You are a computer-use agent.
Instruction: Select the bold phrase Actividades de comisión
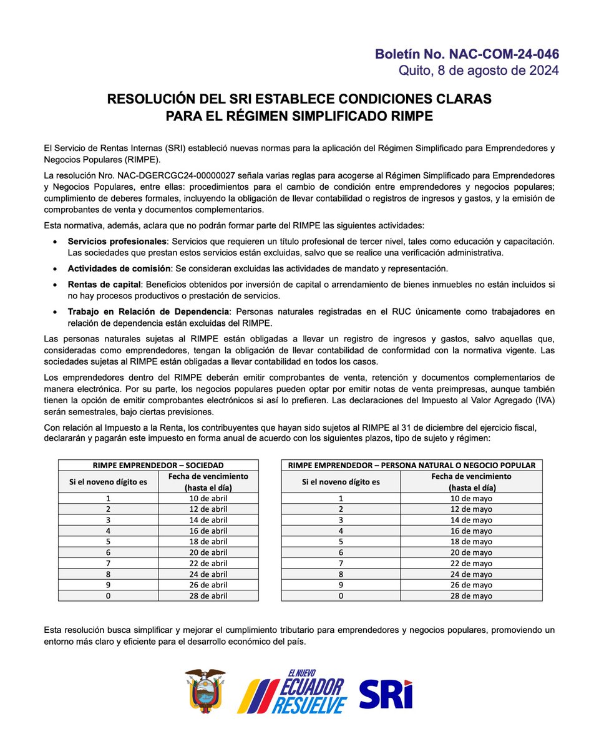click(x=118, y=268)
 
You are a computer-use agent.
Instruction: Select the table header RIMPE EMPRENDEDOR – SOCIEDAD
click(x=158, y=465)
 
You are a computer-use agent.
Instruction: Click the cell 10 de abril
click(x=208, y=498)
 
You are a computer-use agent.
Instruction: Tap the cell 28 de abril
click(x=208, y=595)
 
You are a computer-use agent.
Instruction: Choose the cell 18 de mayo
click(x=471, y=541)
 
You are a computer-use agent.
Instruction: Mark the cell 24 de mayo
click(x=471, y=574)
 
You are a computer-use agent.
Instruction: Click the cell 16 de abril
click(x=208, y=531)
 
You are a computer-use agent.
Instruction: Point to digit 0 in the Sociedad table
click(x=108, y=595)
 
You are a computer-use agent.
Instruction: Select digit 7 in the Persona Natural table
click(x=341, y=563)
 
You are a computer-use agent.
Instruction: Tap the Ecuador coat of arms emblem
click(x=205, y=691)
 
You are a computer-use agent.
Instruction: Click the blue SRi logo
click(x=386, y=693)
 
